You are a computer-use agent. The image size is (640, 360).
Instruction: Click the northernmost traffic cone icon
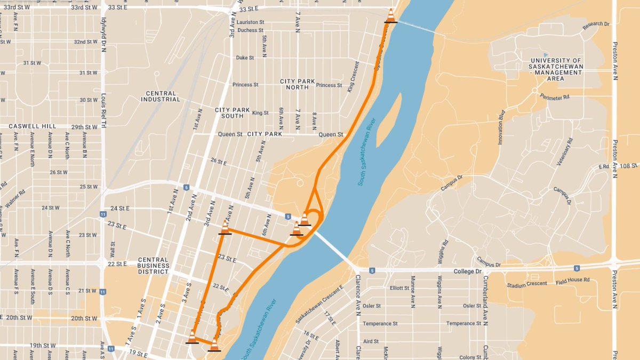tap(391, 15)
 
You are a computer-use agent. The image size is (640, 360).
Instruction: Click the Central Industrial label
tap(158, 96)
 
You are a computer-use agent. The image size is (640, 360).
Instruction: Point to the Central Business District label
tap(153, 261)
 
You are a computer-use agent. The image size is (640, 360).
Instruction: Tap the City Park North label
tap(294, 84)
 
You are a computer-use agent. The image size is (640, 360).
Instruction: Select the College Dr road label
tap(467, 271)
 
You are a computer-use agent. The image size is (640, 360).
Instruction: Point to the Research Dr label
tap(596, 24)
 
